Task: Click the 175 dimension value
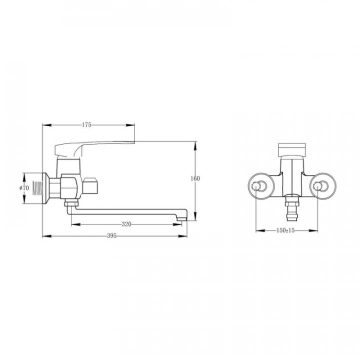pos(86,125)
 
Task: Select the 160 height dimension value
pos(195,178)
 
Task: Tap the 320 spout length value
pos(126,224)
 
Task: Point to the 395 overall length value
pos(112,235)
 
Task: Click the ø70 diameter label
pos(24,188)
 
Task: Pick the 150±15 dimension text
pos(285,230)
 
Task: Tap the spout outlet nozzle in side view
pos(182,219)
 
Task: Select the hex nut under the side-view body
pos(71,203)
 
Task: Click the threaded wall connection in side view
pos(38,188)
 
